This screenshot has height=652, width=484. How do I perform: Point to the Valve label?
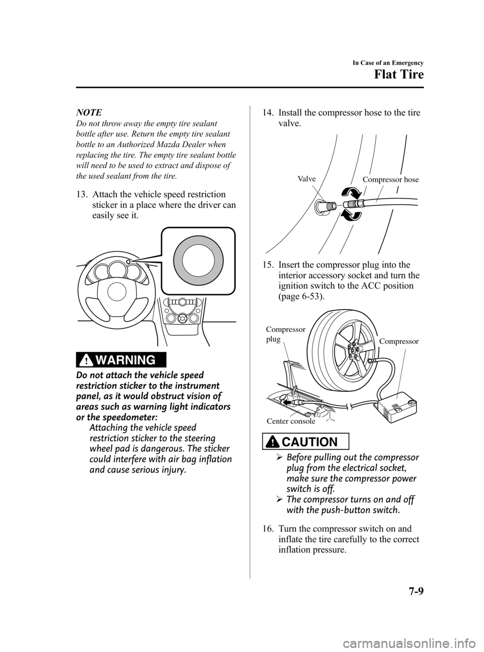307,180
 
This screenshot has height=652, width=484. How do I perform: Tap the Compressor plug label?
285,334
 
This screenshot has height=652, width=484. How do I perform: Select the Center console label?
290,421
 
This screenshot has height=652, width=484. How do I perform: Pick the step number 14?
269,113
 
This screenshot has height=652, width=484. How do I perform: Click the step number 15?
269,265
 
